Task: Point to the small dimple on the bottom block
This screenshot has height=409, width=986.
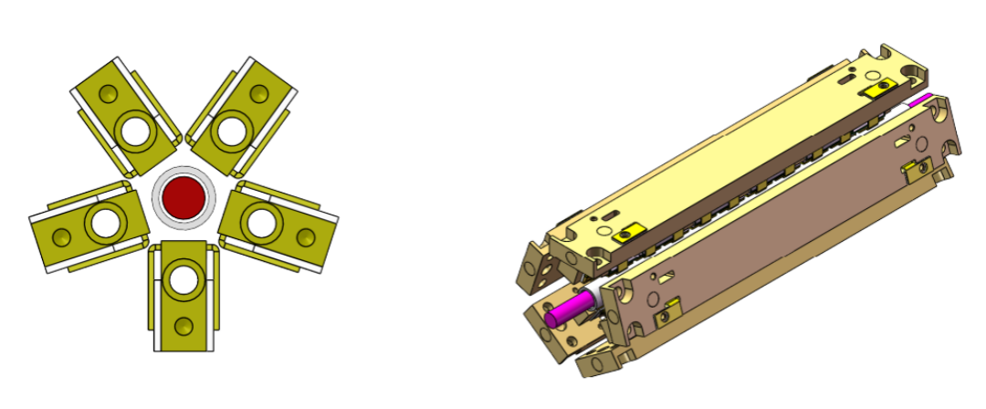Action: click(x=186, y=325)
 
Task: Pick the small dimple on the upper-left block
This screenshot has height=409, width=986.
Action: click(x=109, y=95)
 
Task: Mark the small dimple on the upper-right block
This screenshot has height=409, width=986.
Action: click(x=257, y=95)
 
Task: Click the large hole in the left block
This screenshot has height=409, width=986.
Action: click(x=104, y=221)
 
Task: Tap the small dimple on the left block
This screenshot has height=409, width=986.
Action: click(x=60, y=238)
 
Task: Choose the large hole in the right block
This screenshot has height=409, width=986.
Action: click(x=262, y=219)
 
